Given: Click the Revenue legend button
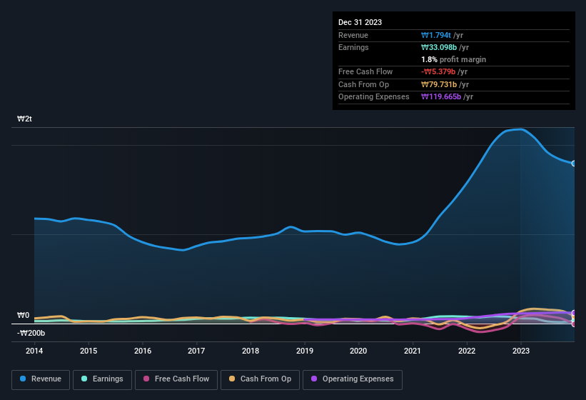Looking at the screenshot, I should pyautogui.click(x=41, y=379).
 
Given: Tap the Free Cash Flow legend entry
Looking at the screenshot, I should pyautogui.click(x=176, y=379).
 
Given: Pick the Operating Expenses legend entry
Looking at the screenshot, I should pyautogui.click(x=352, y=379).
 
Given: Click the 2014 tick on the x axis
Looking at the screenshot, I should pyautogui.click(x=34, y=351).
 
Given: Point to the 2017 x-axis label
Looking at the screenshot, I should pyautogui.click(x=196, y=351).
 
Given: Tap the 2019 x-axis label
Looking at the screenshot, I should pyautogui.click(x=305, y=351).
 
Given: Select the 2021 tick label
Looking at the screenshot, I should pyautogui.click(x=413, y=351).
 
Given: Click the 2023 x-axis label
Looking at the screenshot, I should pyautogui.click(x=521, y=351).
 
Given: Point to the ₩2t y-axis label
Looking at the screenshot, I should pyautogui.click(x=25, y=119).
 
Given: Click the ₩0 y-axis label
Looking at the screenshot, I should pyautogui.click(x=24, y=315).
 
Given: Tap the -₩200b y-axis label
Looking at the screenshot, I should pyautogui.click(x=31, y=333).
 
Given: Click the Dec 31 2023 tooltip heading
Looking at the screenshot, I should pyautogui.click(x=360, y=22).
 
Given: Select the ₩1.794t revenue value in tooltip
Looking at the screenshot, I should pyautogui.click(x=436, y=35).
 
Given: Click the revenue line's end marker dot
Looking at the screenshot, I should pyautogui.click(x=573, y=164).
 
